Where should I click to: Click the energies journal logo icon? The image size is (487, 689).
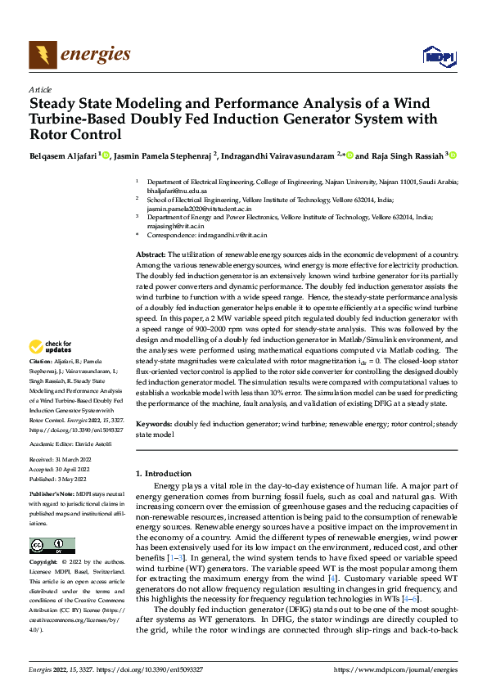point(42,55)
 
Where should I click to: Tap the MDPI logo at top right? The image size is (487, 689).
point(437,55)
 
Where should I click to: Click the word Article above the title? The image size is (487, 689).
point(40,89)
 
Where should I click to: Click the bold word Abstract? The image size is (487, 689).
point(150,256)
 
